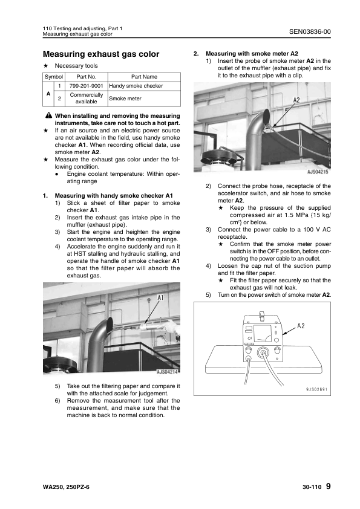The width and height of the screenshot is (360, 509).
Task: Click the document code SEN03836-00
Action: pyautogui.click(x=310, y=31)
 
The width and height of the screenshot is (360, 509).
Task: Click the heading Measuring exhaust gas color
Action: pyautogui.click(x=101, y=54)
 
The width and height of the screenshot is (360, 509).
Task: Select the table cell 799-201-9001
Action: pyautogui.click(x=86, y=86)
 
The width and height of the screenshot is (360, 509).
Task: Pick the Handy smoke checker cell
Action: pyautogui.click(x=144, y=86)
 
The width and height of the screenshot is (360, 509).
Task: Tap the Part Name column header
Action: pyautogui.click(x=144, y=77)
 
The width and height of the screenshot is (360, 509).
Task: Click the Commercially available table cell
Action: pyautogui.click(x=86, y=99)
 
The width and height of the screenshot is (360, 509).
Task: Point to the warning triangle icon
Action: pyautogui.click(x=48, y=115)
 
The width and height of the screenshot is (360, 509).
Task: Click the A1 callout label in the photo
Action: pyautogui.click(x=160, y=297)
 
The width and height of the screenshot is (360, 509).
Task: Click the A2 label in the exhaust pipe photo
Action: pyautogui.click(x=296, y=100)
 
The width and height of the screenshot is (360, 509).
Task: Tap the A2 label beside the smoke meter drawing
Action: pyautogui.click(x=301, y=326)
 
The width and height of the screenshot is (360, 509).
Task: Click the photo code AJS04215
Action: pyautogui.click(x=318, y=172)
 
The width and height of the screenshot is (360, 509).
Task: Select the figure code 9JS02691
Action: pyautogui.click(x=316, y=389)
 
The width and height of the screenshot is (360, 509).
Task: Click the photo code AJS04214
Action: pyautogui.click(x=167, y=372)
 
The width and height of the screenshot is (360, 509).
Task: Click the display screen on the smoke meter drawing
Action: pyautogui.click(x=263, y=334)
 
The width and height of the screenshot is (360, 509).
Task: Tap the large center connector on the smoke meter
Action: pyautogui.click(x=263, y=352)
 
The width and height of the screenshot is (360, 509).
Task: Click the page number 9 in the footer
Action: pyautogui.click(x=328, y=486)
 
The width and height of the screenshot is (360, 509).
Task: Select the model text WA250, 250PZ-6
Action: pyautogui.click(x=66, y=487)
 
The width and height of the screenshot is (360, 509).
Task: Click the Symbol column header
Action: pyautogui.click(x=54, y=77)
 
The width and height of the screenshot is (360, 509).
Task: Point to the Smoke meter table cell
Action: pyautogui.click(x=144, y=99)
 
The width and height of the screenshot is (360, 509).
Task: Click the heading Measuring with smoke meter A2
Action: pyautogui.click(x=252, y=54)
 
